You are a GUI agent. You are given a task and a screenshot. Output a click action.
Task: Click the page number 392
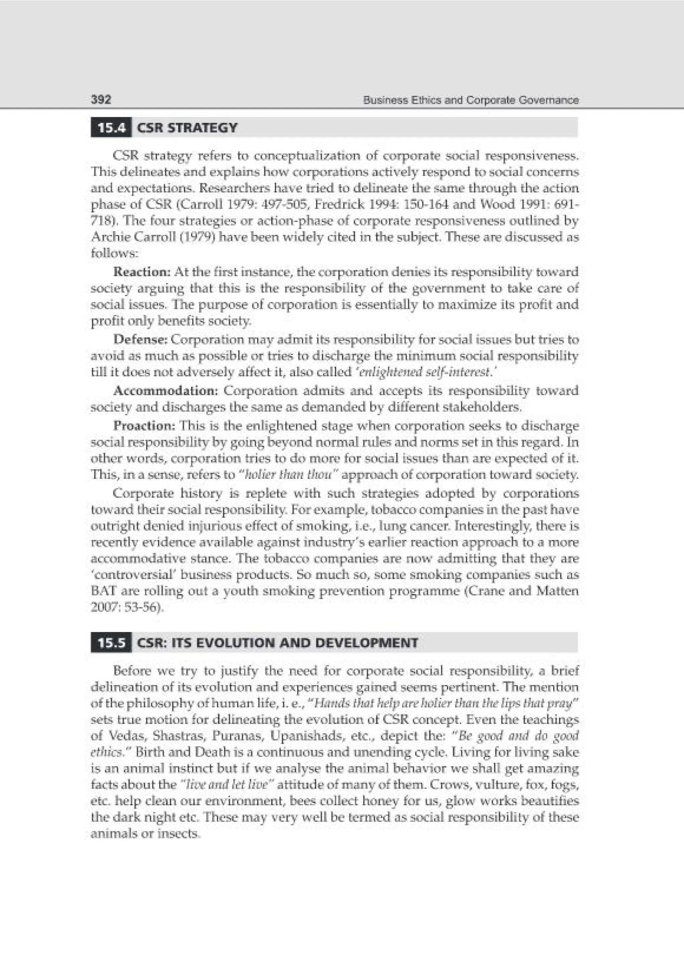[101, 100]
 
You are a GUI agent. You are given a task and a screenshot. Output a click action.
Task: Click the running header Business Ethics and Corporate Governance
[470, 100]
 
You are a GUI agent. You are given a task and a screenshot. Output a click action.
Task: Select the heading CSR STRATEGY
[187, 127]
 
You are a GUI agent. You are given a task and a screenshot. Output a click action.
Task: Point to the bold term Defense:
[141, 339]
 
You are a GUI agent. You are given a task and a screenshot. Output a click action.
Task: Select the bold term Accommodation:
[166, 391]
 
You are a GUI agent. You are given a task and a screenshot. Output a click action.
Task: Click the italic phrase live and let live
[227, 784]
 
